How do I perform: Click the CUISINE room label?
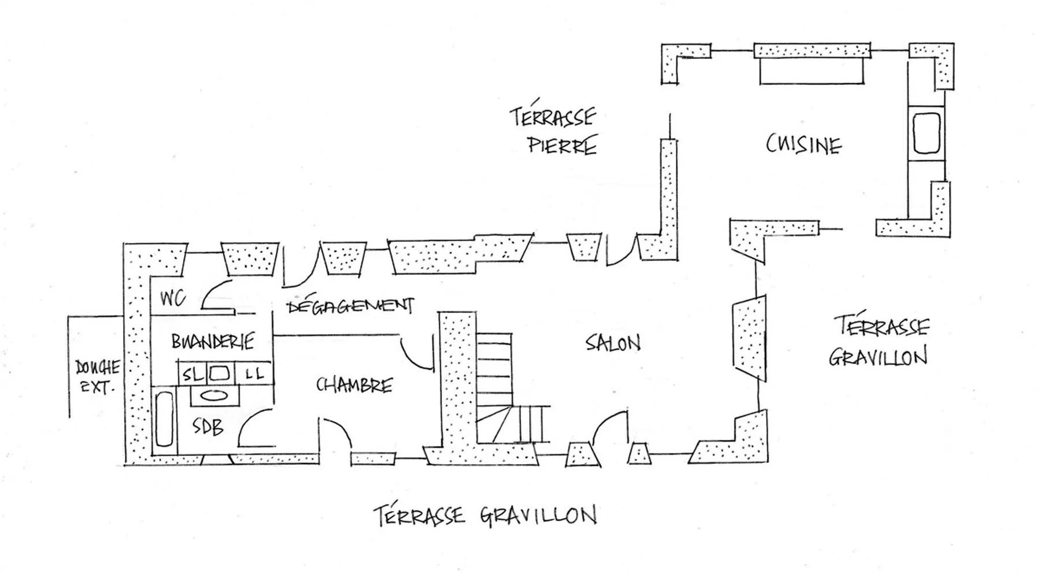[x=803, y=144]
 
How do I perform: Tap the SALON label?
[x=613, y=343]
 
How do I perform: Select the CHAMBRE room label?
[x=354, y=385]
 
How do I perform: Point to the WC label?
[x=172, y=298]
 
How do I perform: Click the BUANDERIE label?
[x=212, y=341]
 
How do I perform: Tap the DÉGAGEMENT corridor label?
[x=350, y=306]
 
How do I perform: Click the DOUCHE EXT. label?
[x=97, y=376]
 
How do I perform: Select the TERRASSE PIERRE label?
[x=554, y=131]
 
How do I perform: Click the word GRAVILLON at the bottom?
[x=538, y=515]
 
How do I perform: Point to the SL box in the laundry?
[x=193, y=375]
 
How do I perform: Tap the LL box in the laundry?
[x=254, y=374]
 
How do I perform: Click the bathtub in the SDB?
[x=165, y=420]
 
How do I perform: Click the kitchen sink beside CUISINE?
[x=926, y=133]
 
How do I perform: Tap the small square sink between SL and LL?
[x=220, y=373]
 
